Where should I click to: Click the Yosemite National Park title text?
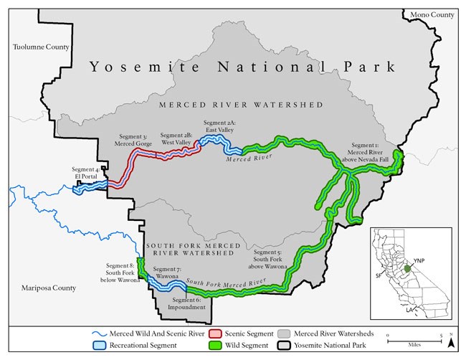[242, 67]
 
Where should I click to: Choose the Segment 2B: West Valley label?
[176, 138]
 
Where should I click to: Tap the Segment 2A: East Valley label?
[224, 126]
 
